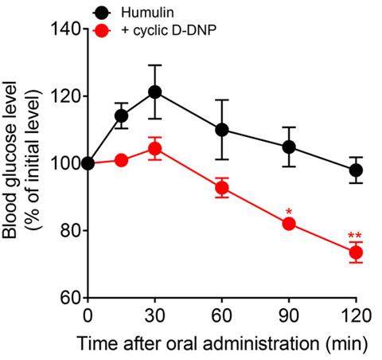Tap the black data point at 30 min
click(x=155, y=92)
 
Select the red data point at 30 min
click(x=155, y=148)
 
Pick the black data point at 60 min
click(x=222, y=130)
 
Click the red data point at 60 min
click(x=222, y=188)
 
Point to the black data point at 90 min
click(x=289, y=147)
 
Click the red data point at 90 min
click(x=289, y=224)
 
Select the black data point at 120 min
click(x=356, y=170)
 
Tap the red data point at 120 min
click(x=356, y=252)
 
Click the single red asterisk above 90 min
click(x=289, y=212)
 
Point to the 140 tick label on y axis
click(x=65, y=29)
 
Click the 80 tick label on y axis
click(x=69, y=230)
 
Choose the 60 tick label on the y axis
click(x=69, y=297)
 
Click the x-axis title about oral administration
click(x=222, y=344)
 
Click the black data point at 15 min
click(x=122, y=116)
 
